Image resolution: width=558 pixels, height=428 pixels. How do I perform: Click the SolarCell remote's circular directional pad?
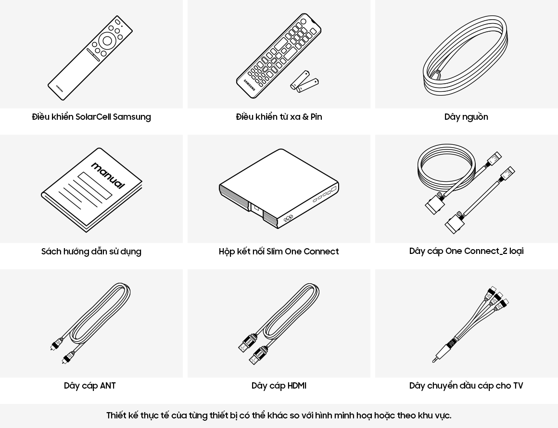[x=107, y=41]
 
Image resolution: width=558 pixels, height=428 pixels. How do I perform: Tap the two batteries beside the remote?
[x=304, y=82]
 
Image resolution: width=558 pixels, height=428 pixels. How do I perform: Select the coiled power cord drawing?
[x=465, y=55]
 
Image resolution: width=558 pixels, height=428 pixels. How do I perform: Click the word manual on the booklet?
[x=108, y=176]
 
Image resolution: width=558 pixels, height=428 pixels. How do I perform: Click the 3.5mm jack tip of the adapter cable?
[x=435, y=360]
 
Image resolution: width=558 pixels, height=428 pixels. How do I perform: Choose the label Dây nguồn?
[x=466, y=117]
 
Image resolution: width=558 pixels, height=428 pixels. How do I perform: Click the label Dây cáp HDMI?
[x=279, y=386]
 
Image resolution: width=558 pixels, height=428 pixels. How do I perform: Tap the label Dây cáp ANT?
[x=89, y=386]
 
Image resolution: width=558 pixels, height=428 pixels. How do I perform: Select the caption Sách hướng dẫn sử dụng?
[x=91, y=252]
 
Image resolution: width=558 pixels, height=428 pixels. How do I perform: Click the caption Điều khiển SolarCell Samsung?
[x=91, y=117]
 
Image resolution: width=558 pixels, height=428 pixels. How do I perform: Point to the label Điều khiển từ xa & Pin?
[x=279, y=117]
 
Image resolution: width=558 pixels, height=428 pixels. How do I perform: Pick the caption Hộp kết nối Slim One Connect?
[x=279, y=252]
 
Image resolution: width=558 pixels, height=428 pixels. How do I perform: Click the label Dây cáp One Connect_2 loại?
[x=466, y=251]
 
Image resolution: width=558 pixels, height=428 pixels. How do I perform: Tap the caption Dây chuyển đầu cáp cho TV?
[x=466, y=386]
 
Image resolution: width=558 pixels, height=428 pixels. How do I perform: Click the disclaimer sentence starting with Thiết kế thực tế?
[x=279, y=415]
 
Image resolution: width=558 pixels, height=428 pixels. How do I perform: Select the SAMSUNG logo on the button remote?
[x=250, y=84]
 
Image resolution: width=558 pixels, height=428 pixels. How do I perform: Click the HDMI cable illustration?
[x=279, y=324]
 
